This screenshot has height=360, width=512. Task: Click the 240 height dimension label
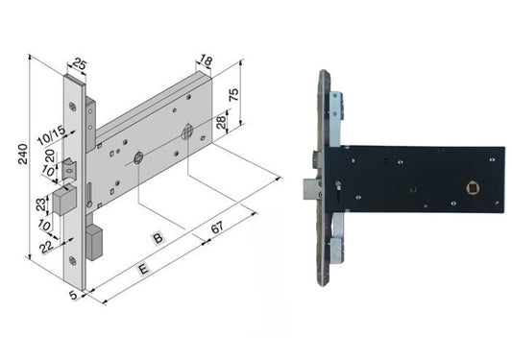point(23,154)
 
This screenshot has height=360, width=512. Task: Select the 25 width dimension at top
point(79,64)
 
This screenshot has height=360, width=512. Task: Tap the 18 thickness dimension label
point(206,60)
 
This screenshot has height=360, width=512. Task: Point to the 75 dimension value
point(234,94)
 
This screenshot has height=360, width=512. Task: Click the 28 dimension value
point(221,122)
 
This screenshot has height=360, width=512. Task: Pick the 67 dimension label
point(217,228)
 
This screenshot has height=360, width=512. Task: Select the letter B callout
point(158,238)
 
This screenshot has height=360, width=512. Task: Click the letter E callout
point(143,269)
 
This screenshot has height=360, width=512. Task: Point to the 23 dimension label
point(41,204)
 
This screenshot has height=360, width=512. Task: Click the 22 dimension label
point(46,247)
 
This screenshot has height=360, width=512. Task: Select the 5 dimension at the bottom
point(73,295)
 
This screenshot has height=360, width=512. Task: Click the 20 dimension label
point(50,156)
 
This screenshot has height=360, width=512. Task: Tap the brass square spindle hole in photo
point(471,188)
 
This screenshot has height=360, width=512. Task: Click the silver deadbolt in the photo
point(311,189)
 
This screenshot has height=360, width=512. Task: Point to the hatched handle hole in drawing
point(187,132)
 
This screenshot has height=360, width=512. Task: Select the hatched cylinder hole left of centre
point(138,158)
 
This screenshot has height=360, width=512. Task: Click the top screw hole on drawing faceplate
point(72,107)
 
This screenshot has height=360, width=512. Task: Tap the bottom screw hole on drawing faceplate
point(73,260)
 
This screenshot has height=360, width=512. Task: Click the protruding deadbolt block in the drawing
point(64,200)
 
